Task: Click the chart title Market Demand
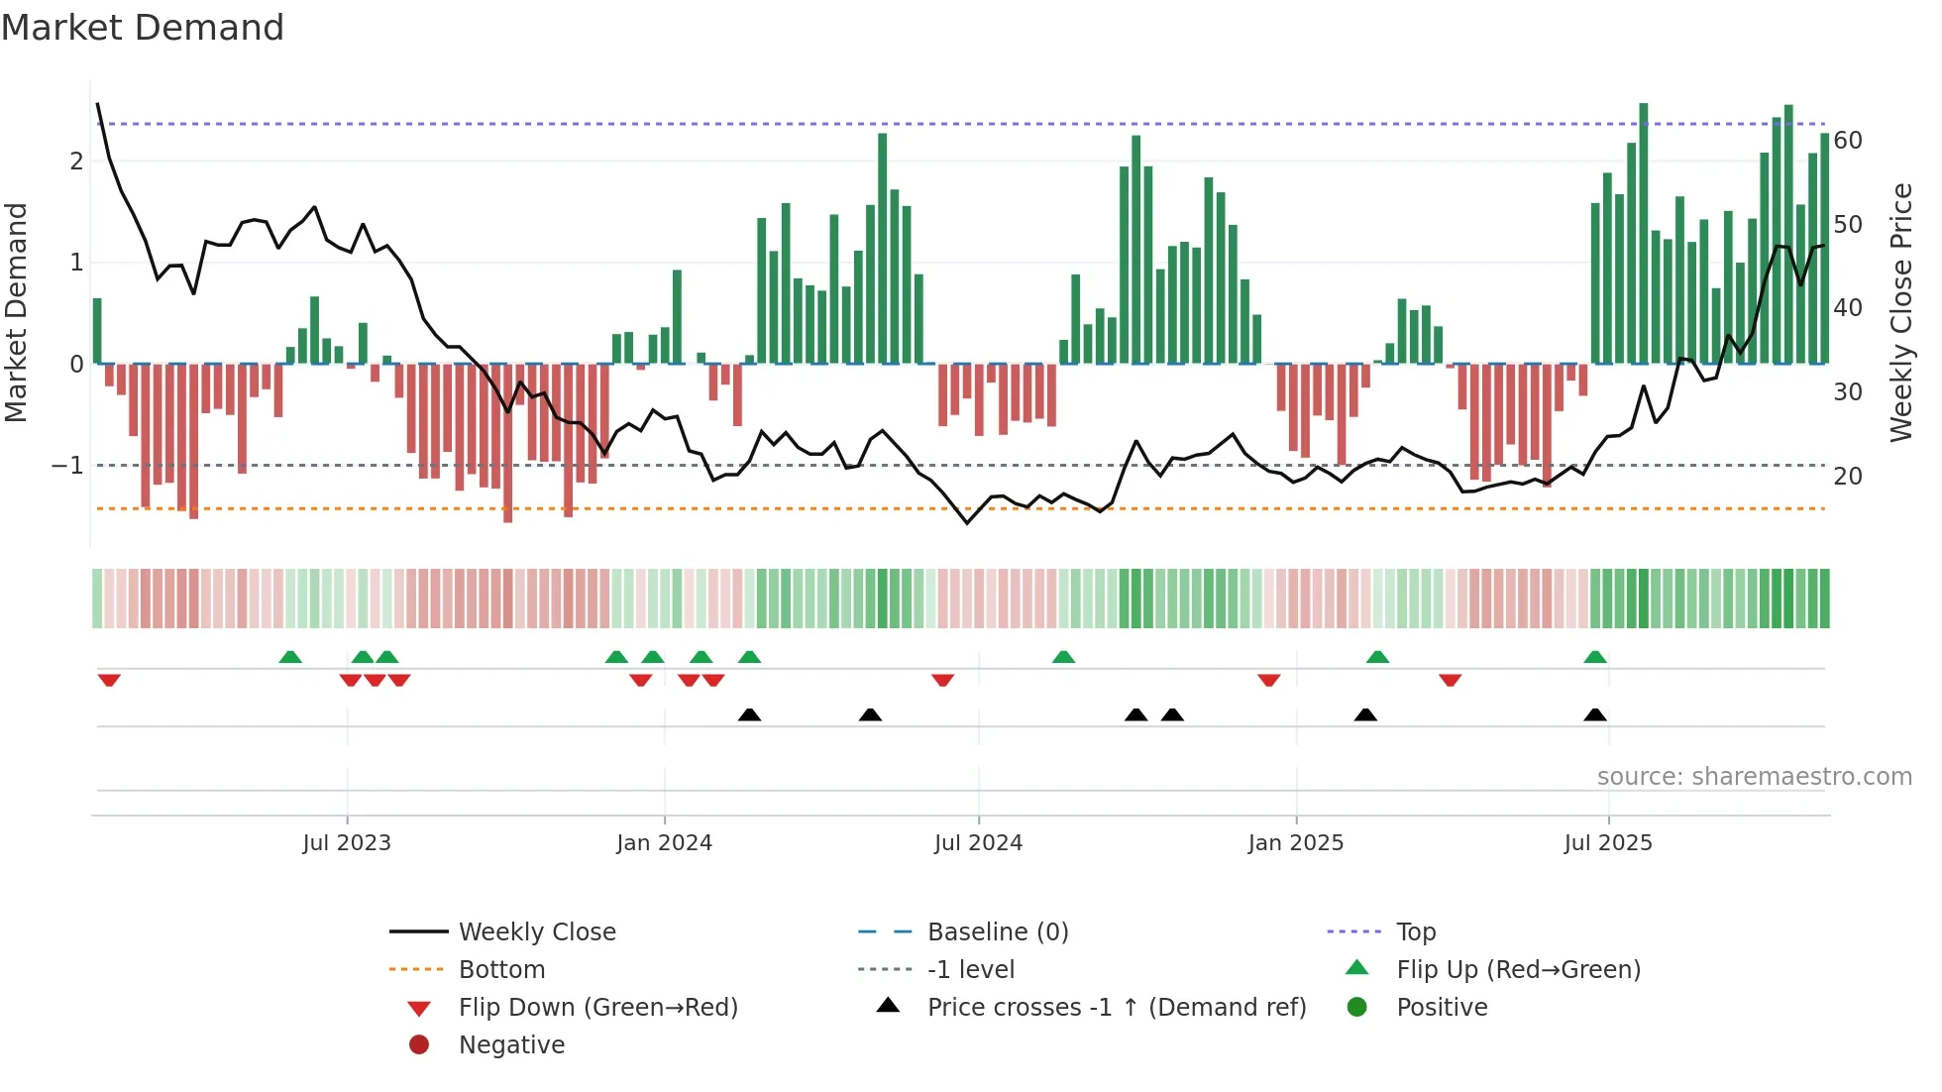pyautogui.click(x=143, y=27)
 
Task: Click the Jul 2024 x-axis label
pyautogui.click(x=978, y=843)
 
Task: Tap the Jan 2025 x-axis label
pyautogui.click(x=1295, y=843)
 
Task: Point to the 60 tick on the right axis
pyautogui.click(x=1848, y=141)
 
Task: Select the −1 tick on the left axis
pyautogui.click(x=68, y=465)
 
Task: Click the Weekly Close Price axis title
pyautogui.click(x=1901, y=312)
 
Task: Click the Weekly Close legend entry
pyautogui.click(x=536, y=932)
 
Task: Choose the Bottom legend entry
pyautogui.click(x=501, y=970)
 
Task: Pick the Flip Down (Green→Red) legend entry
pyautogui.click(x=597, y=1008)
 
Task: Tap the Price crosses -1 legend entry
pyautogui.click(x=1116, y=1008)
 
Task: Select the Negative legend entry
pyautogui.click(x=511, y=1045)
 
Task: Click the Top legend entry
pyautogui.click(x=1416, y=932)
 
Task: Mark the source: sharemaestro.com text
pyautogui.click(x=1754, y=777)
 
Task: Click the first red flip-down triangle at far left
pyautogui.click(x=109, y=680)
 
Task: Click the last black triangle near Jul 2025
pyautogui.click(x=1595, y=714)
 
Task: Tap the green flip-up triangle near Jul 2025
pyautogui.click(x=1595, y=657)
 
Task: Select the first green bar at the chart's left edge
pyautogui.click(x=97, y=331)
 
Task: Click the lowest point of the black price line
pyautogui.click(x=967, y=522)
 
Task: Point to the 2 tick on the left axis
pyautogui.click(x=76, y=161)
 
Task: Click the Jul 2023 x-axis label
pyautogui.click(x=347, y=843)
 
